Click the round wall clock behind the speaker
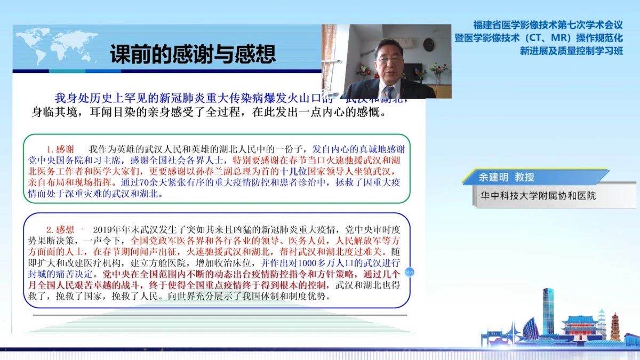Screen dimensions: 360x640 429,44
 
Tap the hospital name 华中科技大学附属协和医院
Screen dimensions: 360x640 537,196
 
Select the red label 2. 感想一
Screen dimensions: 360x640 65,230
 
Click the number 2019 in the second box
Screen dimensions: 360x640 104,230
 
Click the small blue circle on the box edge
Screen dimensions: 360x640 410,272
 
